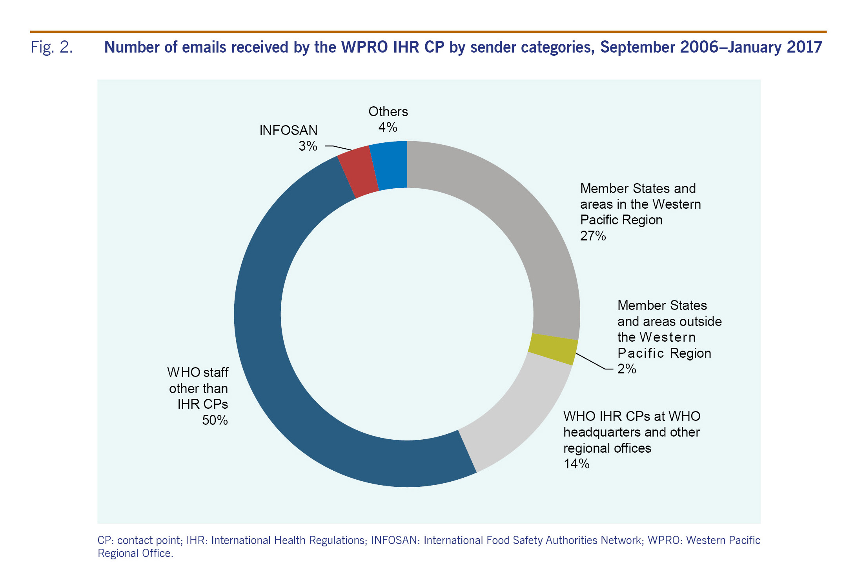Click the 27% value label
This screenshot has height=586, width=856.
593,236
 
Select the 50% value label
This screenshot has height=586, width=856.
215,420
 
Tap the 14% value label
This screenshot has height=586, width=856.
576,464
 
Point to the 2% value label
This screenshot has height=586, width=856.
627,369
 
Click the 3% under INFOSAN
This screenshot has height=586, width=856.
308,146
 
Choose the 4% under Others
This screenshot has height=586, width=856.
388,127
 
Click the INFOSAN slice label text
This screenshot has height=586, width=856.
288,130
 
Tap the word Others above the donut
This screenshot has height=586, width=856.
388,112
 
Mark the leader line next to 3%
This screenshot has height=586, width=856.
338,147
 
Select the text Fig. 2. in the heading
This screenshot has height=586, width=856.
52,47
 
